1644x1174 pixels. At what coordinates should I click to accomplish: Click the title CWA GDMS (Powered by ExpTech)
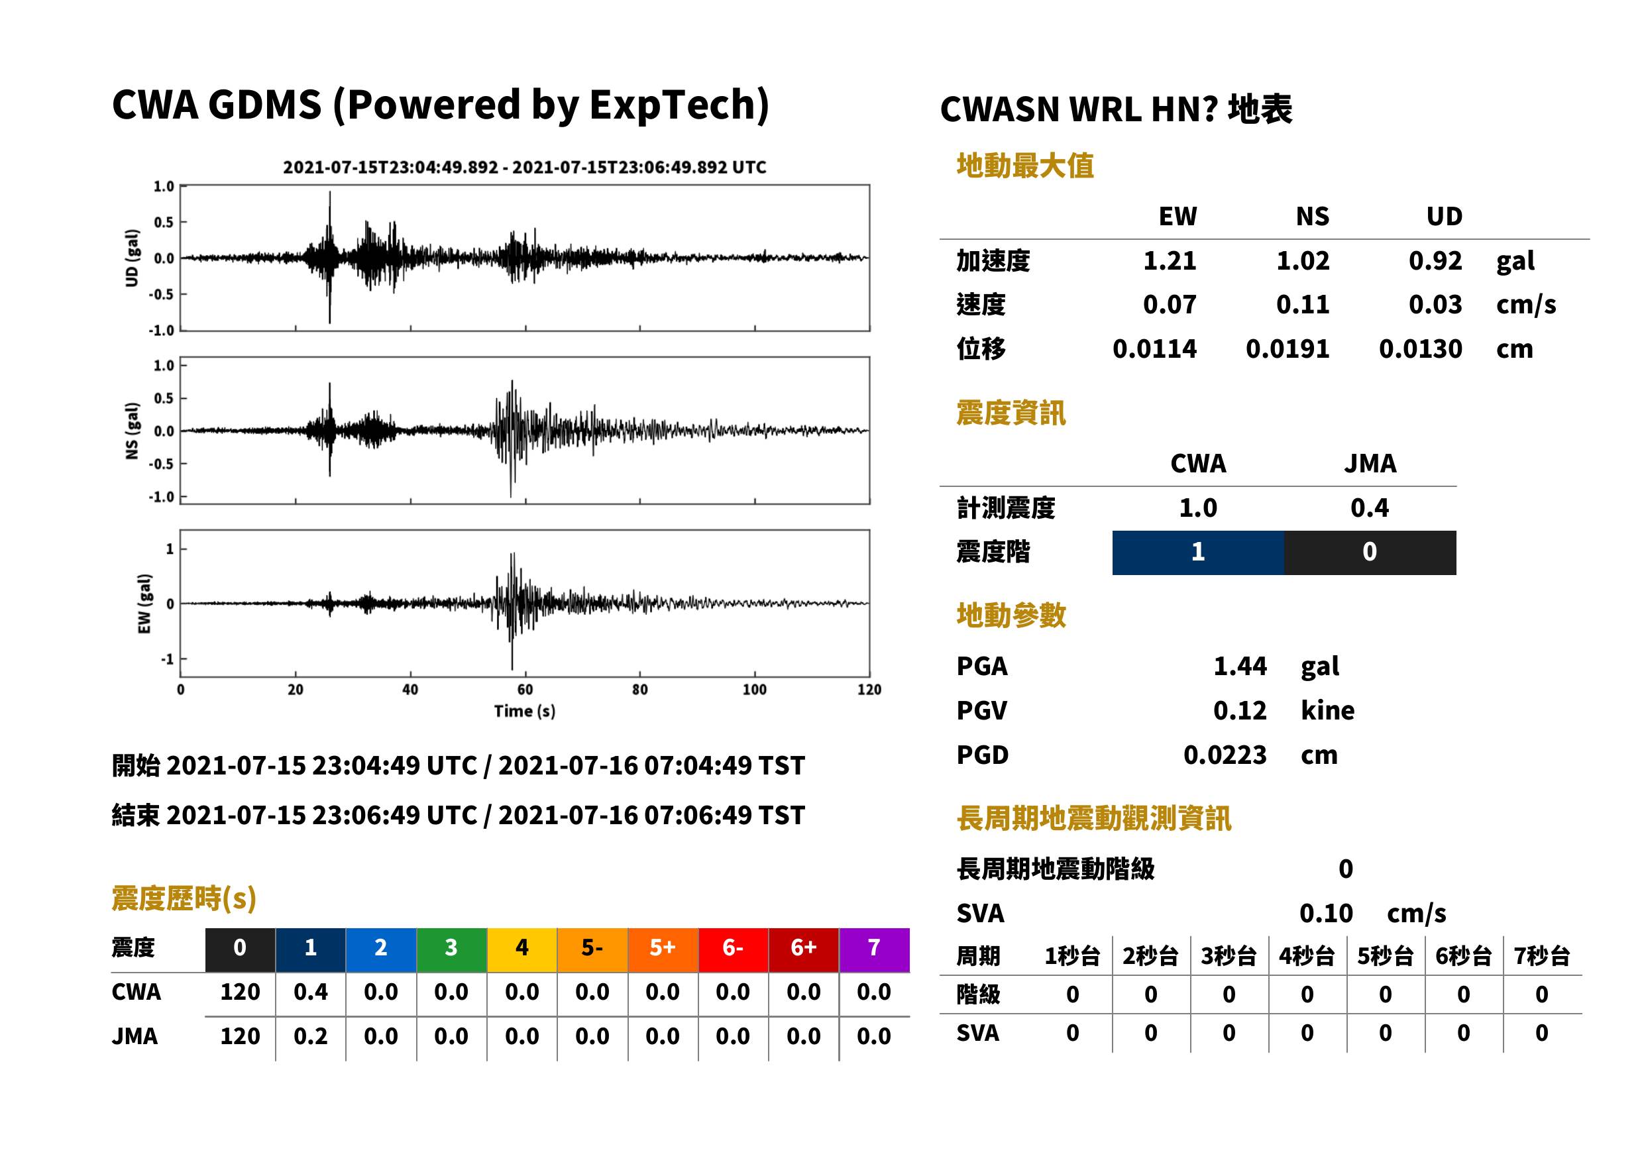coord(440,105)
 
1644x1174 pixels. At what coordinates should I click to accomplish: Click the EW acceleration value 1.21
coord(1169,260)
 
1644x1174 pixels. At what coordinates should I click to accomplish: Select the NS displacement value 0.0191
coord(1287,348)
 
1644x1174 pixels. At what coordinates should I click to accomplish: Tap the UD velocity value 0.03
coord(1435,304)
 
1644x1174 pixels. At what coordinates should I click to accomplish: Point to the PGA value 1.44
coord(1240,666)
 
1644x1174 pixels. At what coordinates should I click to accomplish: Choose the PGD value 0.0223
coord(1225,755)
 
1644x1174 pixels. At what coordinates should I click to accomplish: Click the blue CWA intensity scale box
coord(1198,553)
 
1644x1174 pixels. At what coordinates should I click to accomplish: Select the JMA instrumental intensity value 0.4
coord(1369,507)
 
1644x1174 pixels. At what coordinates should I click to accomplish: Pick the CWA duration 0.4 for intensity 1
coord(310,992)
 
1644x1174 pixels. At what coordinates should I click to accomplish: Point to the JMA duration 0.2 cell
coord(310,1036)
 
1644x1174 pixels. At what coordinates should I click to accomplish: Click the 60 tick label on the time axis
coord(525,690)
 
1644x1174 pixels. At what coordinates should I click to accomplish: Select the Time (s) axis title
coord(525,712)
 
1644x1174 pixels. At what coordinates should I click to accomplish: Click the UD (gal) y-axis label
coord(132,258)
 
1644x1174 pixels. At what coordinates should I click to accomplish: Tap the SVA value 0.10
coord(1326,913)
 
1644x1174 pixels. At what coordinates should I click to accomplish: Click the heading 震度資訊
coord(1011,413)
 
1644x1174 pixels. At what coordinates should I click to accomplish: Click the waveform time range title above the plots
coord(524,167)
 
